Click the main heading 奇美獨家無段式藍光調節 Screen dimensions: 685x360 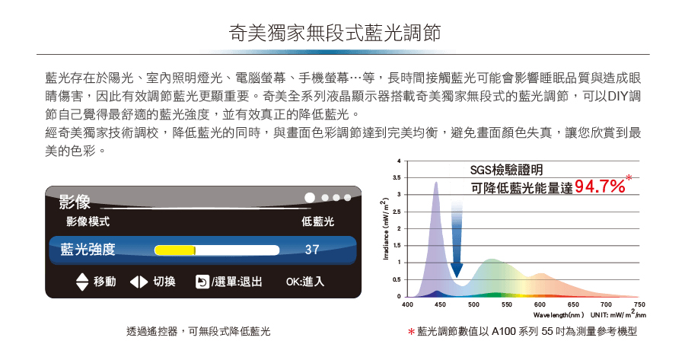pyautogui.click(x=335, y=33)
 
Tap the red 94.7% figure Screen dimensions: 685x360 pyautogui.click(x=600, y=186)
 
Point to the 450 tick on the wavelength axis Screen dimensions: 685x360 pyautogui.click(x=441, y=304)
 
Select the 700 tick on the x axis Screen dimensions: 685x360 pyautogui.click(x=606, y=304)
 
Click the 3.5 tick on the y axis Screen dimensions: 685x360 pyautogui.click(x=397, y=178)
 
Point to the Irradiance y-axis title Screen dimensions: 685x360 pyautogui.click(x=385, y=229)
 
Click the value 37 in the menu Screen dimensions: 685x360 pyautogui.click(x=312, y=250)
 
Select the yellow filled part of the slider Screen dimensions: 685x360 pyautogui.click(x=175, y=250)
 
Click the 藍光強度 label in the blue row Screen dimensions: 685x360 pyautogui.click(x=88, y=250)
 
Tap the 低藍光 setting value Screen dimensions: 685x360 pyautogui.click(x=317, y=221)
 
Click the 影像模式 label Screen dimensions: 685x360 pyautogui.click(x=88, y=221)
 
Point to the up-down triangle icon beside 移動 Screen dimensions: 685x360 pyautogui.click(x=82, y=282)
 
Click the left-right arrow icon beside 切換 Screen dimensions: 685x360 pyautogui.click(x=139, y=282)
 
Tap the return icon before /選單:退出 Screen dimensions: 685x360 pyautogui.click(x=202, y=282)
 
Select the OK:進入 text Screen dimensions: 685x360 pyautogui.click(x=305, y=282)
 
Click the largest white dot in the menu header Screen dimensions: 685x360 pyautogui.click(x=310, y=198)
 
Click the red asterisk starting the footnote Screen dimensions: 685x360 pyautogui.click(x=411, y=332)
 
